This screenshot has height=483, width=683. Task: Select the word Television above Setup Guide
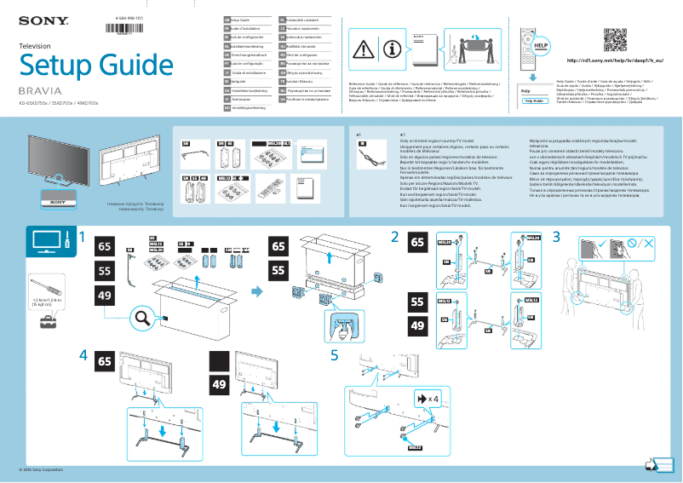point(35,44)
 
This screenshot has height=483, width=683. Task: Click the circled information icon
point(393,49)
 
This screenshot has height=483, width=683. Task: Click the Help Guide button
point(534,100)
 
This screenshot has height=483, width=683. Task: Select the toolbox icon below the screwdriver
point(39,328)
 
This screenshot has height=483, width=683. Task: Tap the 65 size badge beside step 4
point(106,360)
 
